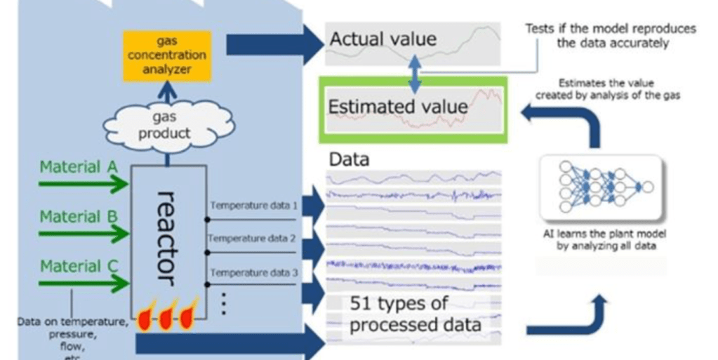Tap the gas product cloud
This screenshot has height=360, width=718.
(x=168, y=124)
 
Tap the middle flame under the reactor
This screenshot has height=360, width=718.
(x=166, y=318)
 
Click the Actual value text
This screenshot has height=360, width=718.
(x=383, y=39)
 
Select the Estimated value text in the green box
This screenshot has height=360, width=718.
(x=398, y=107)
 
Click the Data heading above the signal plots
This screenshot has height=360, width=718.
(x=349, y=161)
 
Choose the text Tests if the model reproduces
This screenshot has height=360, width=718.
(x=610, y=29)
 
